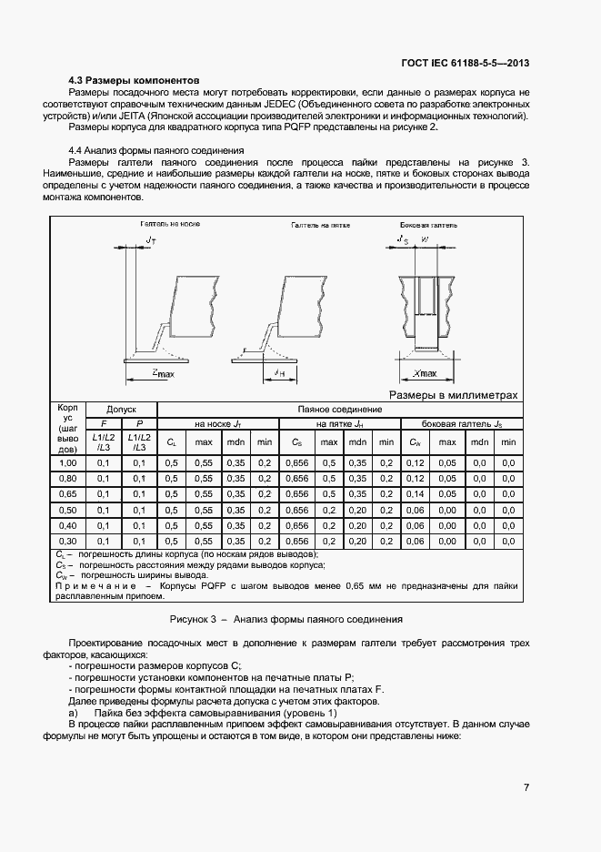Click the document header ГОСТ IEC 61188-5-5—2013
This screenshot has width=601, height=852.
tap(466, 63)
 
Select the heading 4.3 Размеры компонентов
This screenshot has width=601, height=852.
tap(134, 80)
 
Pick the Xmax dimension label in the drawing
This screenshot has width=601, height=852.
tap(424, 373)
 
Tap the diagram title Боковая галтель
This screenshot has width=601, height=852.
tap(429, 224)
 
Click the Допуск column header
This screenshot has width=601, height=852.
tap(120, 410)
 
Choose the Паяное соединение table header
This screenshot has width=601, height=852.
tap(337, 410)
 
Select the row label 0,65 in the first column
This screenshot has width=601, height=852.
tap(67, 493)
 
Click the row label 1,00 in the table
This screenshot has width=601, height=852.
tap(67, 463)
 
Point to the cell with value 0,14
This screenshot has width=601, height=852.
tap(415, 493)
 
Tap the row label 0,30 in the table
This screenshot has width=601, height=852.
tap(67, 540)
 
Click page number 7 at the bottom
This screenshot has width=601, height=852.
tap(526, 787)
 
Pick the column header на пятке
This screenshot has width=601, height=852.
tap(338, 424)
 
